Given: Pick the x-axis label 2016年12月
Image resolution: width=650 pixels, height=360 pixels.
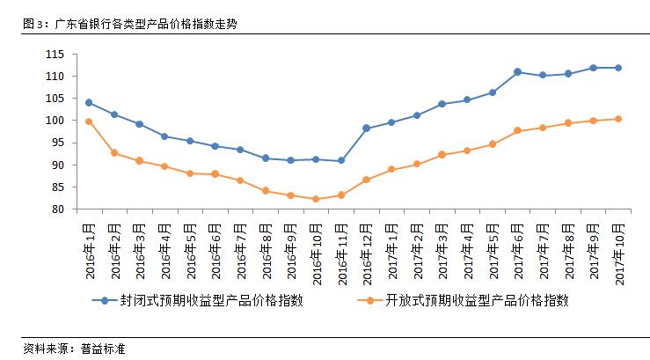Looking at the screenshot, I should tap(367, 250).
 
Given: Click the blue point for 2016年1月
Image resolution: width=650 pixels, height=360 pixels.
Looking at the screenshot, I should tap(89, 102).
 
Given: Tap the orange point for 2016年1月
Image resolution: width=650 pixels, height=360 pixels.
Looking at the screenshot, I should tap(89, 121).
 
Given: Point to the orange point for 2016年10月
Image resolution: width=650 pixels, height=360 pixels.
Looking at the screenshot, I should tap(316, 199).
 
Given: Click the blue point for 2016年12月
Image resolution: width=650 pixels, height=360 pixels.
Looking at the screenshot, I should tap(366, 129).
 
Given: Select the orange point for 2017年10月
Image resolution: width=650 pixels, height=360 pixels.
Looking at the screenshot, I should tap(618, 119).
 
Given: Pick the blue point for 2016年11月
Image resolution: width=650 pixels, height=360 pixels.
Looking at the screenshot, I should tap(341, 160).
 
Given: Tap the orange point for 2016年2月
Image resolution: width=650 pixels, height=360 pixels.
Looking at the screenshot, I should tap(114, 153).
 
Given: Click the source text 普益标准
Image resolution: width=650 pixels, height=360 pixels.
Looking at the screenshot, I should tap(103, 349).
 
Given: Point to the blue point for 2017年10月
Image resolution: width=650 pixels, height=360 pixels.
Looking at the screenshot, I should tap(618, 68).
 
